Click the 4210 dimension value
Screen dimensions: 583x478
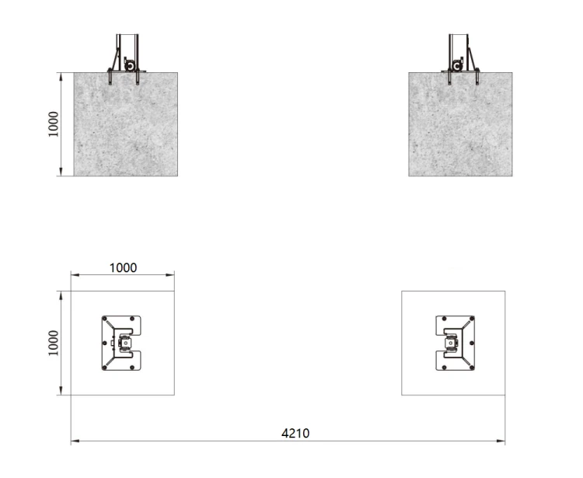(295, 434)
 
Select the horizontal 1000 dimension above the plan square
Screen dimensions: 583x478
(123, 267)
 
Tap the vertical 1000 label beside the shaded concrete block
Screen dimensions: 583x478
(53, 124)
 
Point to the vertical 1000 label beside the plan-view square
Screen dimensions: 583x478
(53, 343)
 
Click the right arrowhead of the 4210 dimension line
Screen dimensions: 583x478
(501, 441)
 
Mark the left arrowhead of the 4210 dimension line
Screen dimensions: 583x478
(75, 441)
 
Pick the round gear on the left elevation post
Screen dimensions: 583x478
(130, 66)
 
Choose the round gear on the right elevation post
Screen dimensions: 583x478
(457, 66)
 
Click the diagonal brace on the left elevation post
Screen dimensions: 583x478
(114, 60)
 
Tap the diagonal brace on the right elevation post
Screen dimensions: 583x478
(473, 60)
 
